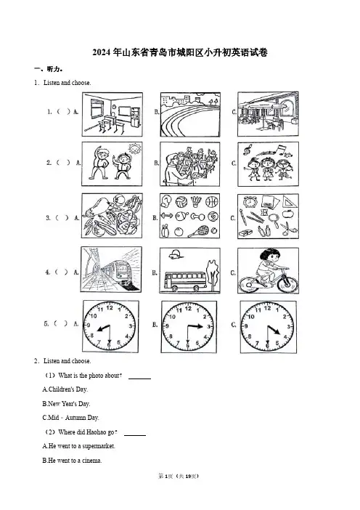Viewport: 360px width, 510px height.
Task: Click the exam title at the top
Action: (x=180, y=52)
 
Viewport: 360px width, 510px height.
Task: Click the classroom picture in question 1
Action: (x=112, y=114)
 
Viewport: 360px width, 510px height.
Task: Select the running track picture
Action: (x=190, y=115)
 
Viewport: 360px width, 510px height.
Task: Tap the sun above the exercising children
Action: (x=134, y=149)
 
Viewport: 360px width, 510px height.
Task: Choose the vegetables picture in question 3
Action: (x=112, y=216)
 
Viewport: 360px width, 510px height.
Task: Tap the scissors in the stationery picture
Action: (x=288, y=228)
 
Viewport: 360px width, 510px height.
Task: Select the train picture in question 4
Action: (x=111, y=270)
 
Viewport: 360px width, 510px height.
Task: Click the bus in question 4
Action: (x=185, y=281)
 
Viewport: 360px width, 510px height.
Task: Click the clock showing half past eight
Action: (x=110, y=326)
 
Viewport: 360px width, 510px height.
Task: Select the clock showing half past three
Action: (x=189, y=326)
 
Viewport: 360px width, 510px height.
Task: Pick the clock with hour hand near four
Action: (x=268, y=327)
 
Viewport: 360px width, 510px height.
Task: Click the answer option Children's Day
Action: (x=65, y=389)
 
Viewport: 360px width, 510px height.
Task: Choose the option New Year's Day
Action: (x=66, y=404)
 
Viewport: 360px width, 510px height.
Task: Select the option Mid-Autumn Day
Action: (x=70, y=418)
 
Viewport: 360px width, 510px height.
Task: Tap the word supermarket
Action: (x=99, y=446)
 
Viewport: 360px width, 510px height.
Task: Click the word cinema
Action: (x=91, y=461)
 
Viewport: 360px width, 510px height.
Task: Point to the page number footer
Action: (x=179, y=477)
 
